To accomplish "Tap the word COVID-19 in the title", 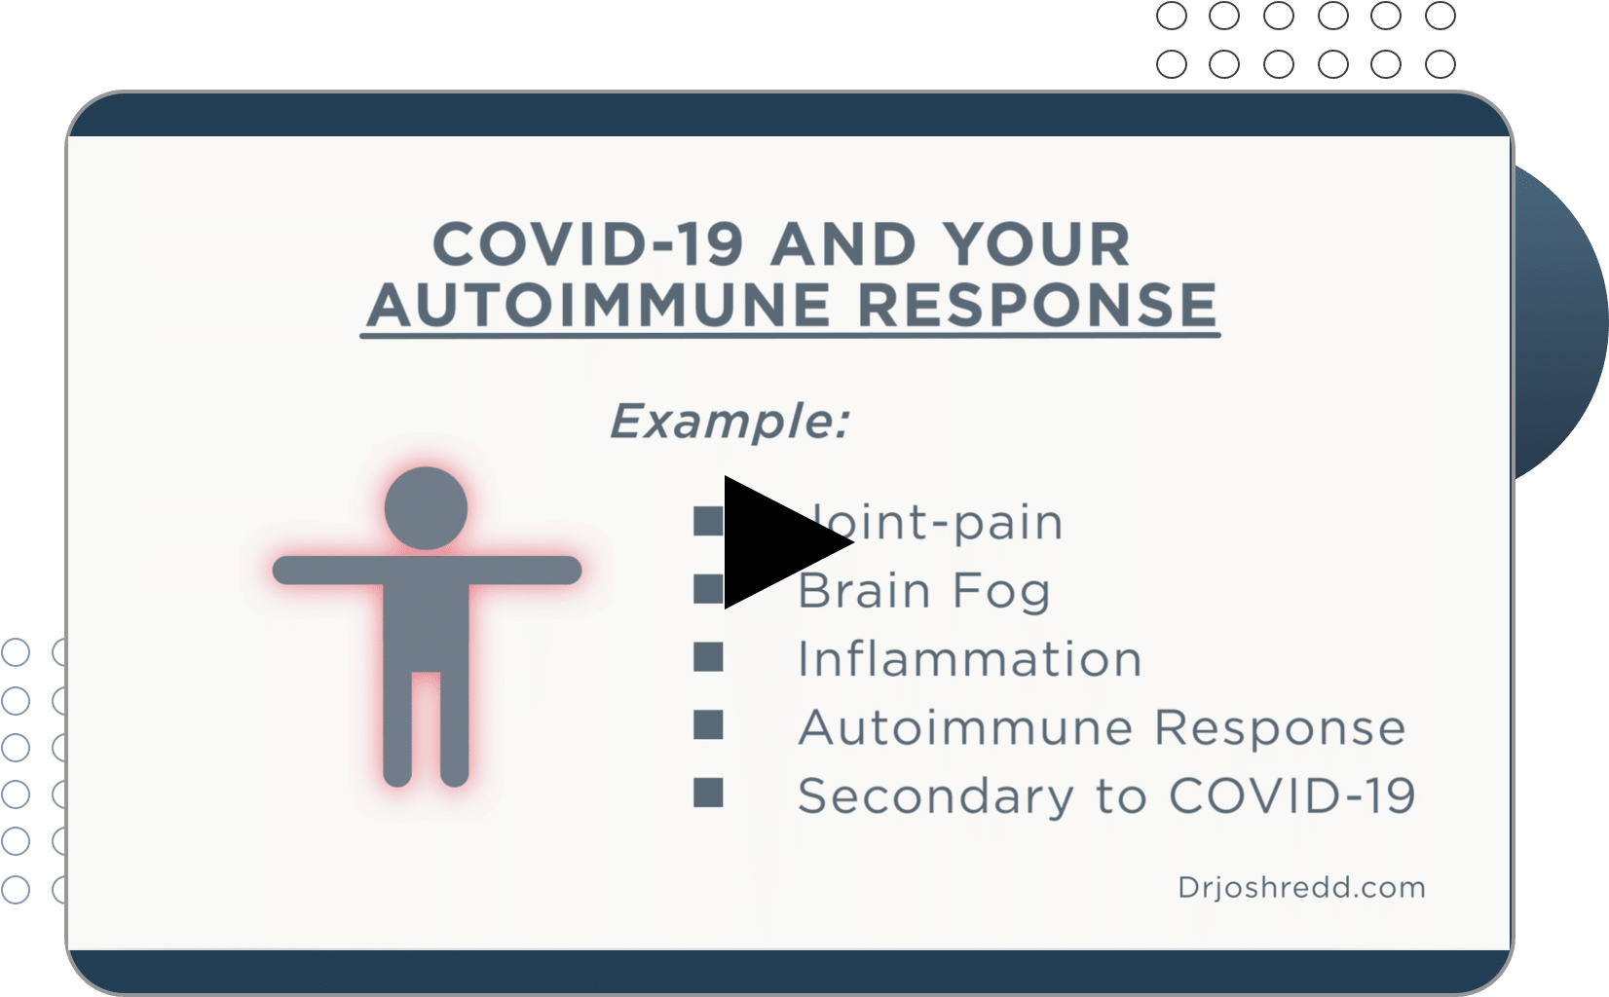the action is click(x=587, y=244).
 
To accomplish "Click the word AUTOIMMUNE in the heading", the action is click(x=599, y=306).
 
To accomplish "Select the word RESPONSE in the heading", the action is click(x=1037, y=306).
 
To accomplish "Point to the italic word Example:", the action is click(x=730, y=421).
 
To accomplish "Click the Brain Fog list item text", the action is click(x=924, y=590).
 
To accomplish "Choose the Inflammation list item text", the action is click(x=970, y=659).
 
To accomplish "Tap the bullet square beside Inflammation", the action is click(x=708, y=656).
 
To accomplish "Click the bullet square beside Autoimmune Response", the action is click(x=708, y=724).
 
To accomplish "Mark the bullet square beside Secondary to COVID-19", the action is click(x=708, y=793).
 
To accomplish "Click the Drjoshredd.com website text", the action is click(x=1301, y=888).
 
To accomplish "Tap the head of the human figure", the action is click(x=426, y=508).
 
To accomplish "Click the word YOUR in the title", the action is click(x=1036, y=244).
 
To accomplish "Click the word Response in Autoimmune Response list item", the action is click(x=1280, y=729).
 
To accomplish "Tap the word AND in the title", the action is click(x=843, y=244).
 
